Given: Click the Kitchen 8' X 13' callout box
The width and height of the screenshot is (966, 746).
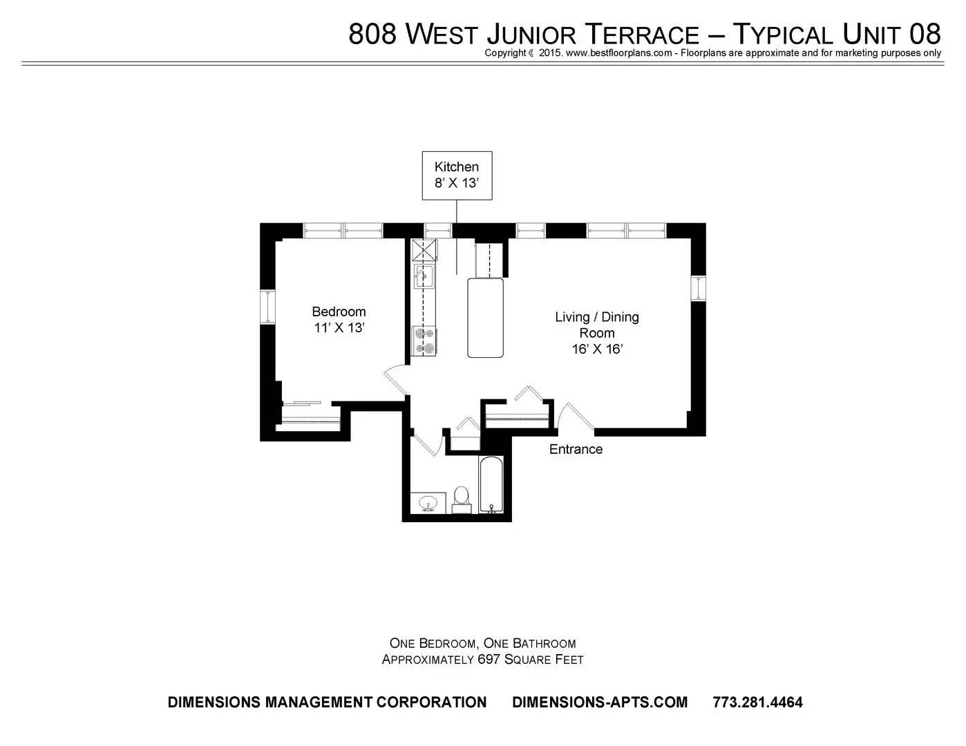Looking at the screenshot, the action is (457, 175).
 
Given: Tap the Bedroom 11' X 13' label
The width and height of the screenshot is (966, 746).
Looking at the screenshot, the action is (339, 319).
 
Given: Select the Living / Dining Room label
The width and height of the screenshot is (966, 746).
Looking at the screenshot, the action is (597, 333).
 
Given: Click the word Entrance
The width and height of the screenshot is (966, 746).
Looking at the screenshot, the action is (576, 449).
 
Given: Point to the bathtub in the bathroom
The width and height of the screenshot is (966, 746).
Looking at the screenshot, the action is (491, 485).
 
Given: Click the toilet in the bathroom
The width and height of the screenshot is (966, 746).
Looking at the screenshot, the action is (462, 500).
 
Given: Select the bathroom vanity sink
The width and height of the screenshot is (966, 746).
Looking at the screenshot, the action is (428, 503).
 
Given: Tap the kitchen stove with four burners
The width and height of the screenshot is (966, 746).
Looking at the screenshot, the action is (424, 341).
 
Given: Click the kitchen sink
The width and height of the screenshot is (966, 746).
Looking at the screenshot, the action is (424, 276).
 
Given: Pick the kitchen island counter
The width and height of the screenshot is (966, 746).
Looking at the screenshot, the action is (485, 318).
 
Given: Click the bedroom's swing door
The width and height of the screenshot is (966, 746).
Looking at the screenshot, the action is (396, 380).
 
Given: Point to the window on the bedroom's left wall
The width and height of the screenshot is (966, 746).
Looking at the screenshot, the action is (267, 307).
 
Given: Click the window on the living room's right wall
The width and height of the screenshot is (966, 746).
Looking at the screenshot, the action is (699, 288).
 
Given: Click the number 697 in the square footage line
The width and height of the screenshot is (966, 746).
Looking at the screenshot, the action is (488, 660).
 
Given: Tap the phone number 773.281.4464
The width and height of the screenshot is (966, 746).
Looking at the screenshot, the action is (757, 702).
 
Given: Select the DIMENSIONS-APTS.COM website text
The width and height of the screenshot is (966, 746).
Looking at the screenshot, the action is (600, 702).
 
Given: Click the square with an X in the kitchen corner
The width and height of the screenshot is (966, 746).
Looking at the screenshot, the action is (424, 250).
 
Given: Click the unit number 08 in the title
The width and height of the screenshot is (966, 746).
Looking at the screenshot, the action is (925, 34).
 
